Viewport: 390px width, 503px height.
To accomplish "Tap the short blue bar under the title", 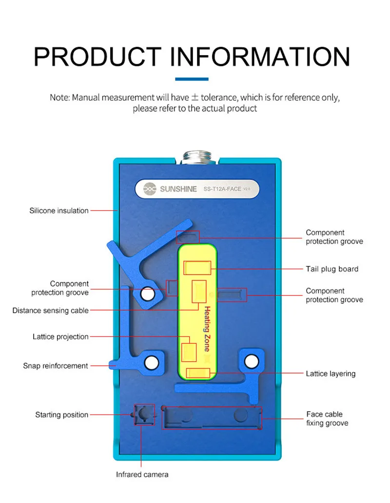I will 191,79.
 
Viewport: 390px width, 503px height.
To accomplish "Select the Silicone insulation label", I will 59,211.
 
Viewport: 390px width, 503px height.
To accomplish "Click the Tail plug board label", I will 332,269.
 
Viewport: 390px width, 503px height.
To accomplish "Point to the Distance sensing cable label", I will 51,311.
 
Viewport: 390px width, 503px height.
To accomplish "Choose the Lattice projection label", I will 60,337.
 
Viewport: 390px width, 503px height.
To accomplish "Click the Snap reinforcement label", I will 56,366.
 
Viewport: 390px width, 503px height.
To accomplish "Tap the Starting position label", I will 61,415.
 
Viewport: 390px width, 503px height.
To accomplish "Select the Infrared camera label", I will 142,475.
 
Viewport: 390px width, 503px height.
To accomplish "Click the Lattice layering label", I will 331,374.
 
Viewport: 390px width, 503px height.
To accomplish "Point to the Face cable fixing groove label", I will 327,419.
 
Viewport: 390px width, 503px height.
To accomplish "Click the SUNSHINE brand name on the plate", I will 178,189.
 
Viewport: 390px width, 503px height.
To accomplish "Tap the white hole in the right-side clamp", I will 251,361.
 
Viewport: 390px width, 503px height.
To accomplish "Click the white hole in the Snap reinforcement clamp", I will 151,362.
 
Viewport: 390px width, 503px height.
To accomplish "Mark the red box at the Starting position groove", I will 144,415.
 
